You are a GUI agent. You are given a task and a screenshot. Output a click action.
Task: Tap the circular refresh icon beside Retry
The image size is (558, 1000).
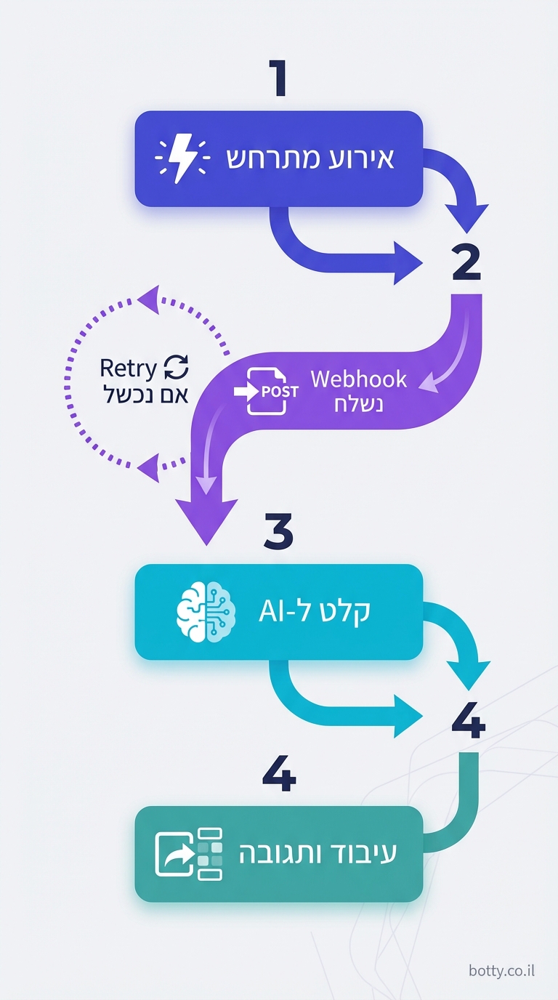click(x=176, y=368)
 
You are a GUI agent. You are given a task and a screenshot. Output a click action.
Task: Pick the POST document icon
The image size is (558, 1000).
click(x=267, y=391)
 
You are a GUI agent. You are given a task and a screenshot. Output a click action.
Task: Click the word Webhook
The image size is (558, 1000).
click(x=359, y=379)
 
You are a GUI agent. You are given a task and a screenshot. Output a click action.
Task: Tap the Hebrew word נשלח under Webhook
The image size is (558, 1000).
click(x=358, y=403)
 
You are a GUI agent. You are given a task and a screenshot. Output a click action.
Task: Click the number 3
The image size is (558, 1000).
click(x=278, y=533)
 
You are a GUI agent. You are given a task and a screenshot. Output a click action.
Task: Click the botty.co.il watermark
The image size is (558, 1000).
click(x=501, y=971)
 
